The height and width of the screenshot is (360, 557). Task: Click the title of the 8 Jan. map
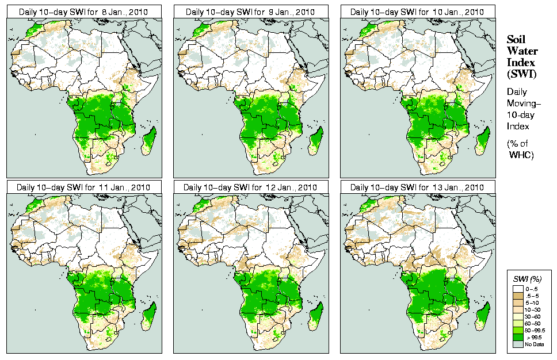[83, 12]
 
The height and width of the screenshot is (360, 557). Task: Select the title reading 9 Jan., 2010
[250, 12]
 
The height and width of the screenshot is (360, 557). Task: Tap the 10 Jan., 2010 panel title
[418, 12]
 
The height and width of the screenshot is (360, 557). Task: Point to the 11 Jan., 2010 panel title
[83, 187]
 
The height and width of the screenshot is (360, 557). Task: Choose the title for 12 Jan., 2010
[250, 187]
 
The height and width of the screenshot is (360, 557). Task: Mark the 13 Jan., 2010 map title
[418, 187]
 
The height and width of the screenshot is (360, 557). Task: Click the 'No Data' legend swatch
[518, 344]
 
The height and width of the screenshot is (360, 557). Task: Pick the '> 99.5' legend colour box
[518, 337]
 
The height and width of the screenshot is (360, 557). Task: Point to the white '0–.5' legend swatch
[518, 288]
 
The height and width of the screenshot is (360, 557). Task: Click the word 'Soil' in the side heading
[517, 39]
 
